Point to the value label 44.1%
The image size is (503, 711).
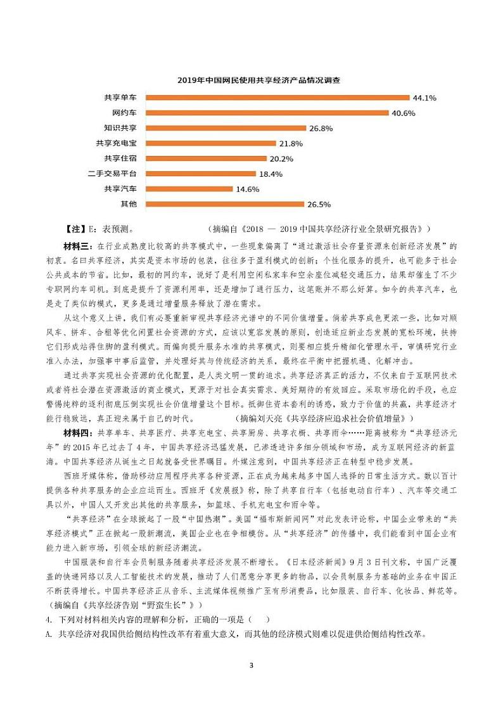coord(424,98)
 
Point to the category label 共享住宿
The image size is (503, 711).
coord(120,158)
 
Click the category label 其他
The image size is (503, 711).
coord(128,204)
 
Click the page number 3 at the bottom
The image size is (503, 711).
coord(251,665)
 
